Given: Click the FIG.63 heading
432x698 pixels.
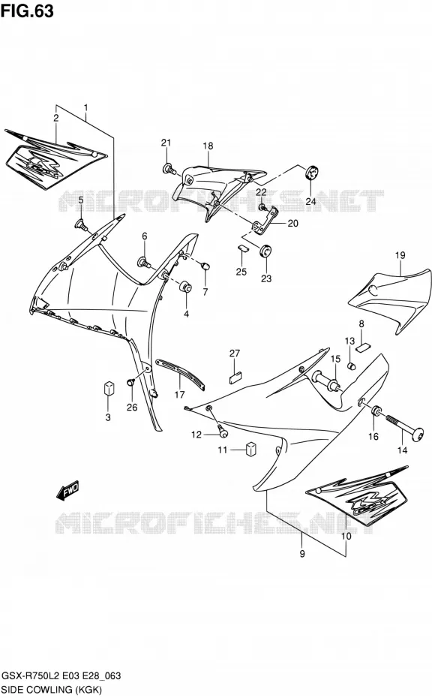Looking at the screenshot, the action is click(27, 11).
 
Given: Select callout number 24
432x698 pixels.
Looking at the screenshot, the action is click(310, 201).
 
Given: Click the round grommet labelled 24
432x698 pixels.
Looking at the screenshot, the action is click(313, 172).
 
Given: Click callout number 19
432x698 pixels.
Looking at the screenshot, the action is click(400, 255).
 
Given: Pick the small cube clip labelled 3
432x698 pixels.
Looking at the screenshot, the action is click(109, 388).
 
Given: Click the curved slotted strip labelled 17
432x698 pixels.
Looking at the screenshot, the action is click(180, 372).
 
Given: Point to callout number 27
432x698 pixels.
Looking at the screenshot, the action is click(235, 353).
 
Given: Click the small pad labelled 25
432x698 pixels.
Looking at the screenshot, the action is click(242, 248).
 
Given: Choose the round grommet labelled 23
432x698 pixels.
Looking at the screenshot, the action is click(265, 251).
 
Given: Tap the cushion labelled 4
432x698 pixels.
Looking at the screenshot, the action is click(186, 287).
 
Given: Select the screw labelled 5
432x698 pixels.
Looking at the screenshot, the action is click(82, 224).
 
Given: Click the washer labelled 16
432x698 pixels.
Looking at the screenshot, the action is click(376, 410).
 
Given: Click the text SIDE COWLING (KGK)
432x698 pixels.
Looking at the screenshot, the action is click(52, 690).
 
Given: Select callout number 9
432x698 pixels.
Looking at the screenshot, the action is click(302, 554).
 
